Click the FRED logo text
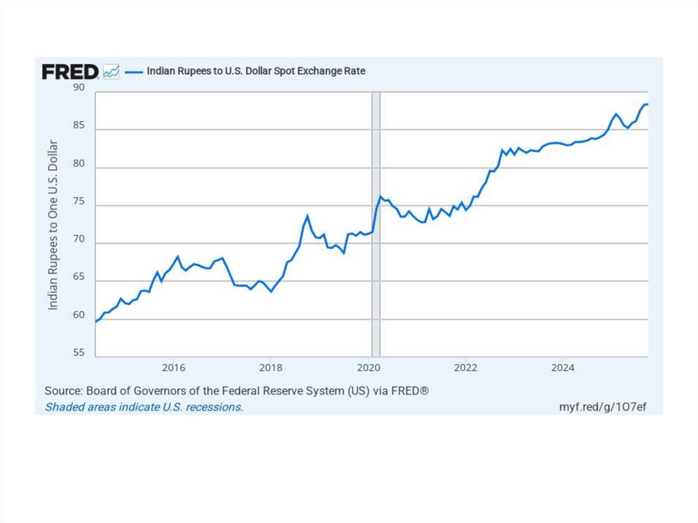coord(70,72)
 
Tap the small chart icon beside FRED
coord(111,72)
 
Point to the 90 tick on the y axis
coord(79,87)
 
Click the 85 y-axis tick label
coord(79,125)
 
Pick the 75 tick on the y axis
coord(79,201)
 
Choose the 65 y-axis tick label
coord(79,277)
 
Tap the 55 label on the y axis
coord(79,353)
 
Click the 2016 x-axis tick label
coord(174,368)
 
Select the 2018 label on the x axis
coord(271,368)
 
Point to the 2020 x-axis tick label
coord(368,368)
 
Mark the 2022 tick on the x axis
coord(466,368)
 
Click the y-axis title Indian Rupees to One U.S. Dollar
coord(53,225)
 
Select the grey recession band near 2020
coord(376,225)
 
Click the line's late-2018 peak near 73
coord(307,216)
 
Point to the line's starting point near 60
coord(96,321)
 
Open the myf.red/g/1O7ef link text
coord(602,407)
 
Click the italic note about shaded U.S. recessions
coord(144,407)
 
